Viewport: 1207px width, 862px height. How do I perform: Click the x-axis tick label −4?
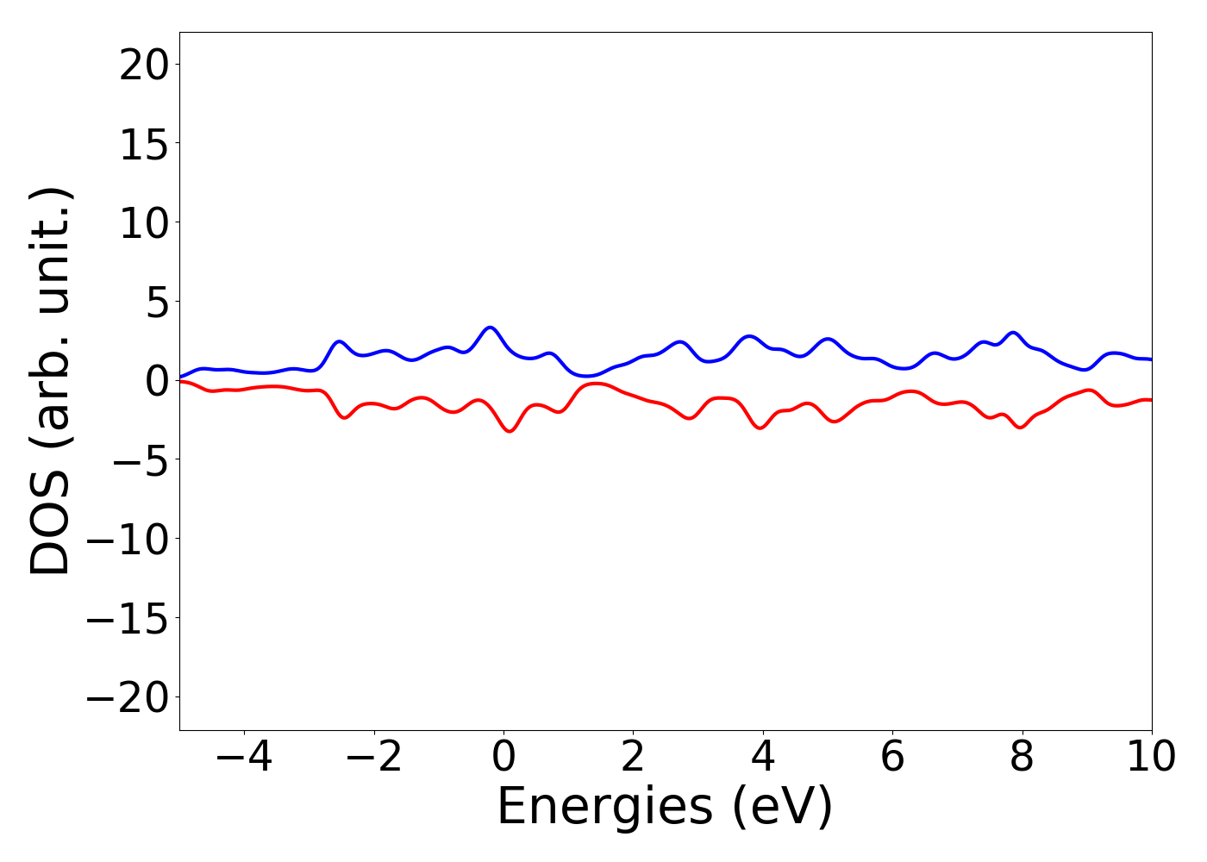click(x=244, y=757)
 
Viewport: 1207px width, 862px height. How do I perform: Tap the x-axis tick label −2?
click(x=374, y=757)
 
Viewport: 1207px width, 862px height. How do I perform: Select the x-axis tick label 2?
click(x=633, y=757)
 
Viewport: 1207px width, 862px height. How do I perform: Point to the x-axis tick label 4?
click(x=763, y=757)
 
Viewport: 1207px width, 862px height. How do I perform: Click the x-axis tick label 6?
click(x=892, y=757)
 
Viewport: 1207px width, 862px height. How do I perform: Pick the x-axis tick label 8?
click(x=1022, y=757)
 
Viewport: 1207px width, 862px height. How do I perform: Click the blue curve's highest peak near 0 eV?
click(x=490, y=328)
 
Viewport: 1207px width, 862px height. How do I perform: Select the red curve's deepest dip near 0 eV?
click(x=510, y=431)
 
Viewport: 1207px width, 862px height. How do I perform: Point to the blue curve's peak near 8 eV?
click(x=1014, y=333)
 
